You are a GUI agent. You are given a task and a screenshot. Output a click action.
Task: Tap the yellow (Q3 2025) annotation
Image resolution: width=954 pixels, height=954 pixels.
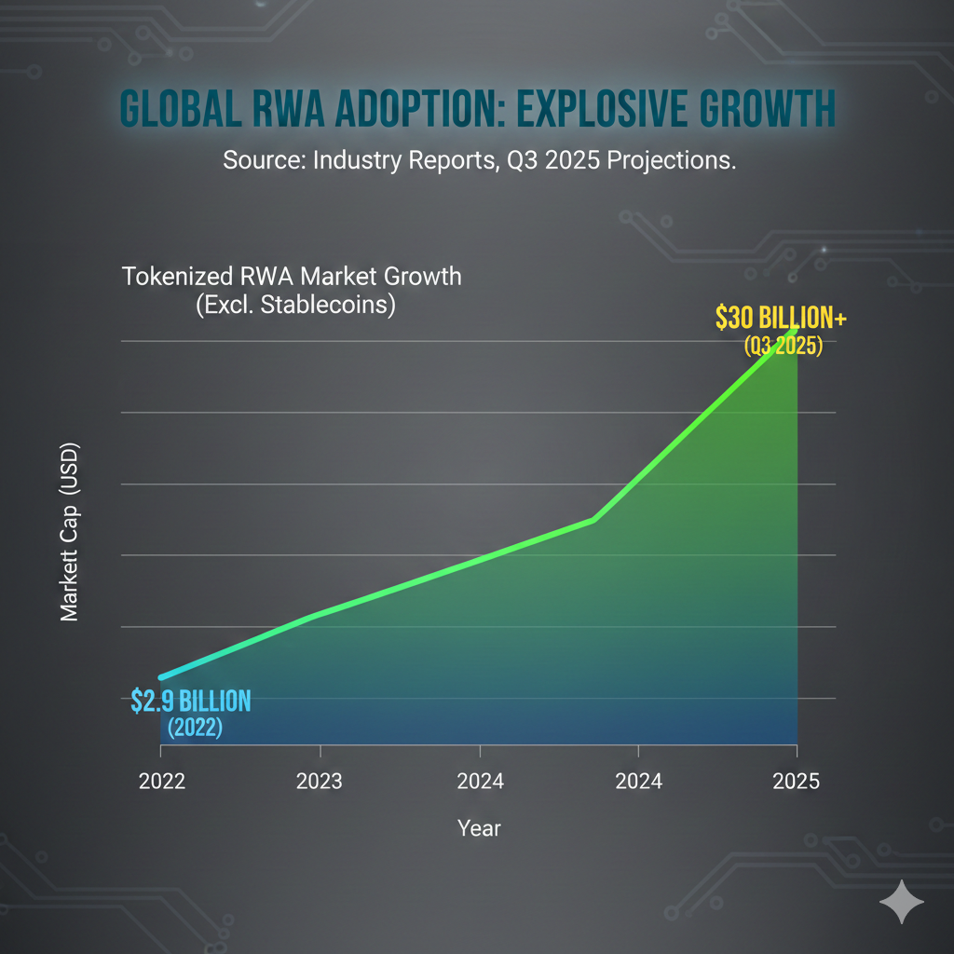tap(783, 347)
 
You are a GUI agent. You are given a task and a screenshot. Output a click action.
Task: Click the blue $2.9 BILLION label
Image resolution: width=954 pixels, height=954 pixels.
tap(191, 701)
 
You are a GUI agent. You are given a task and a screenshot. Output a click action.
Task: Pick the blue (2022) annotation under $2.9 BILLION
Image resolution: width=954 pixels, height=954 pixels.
tap(194, 728)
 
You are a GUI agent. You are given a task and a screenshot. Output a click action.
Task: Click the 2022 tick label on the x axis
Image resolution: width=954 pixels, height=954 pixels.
tap(162, 781)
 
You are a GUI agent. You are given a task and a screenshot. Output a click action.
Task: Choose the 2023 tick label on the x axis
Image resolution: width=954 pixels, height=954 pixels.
tap(320, 781)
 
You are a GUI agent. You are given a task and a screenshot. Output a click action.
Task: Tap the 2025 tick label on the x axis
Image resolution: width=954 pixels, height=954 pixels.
tap(796, 781)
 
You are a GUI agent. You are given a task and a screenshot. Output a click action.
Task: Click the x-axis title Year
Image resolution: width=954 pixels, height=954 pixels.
tap(479, 827)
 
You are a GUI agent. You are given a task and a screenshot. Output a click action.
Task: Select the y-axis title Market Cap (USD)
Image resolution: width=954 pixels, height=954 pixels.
tap(70, 532)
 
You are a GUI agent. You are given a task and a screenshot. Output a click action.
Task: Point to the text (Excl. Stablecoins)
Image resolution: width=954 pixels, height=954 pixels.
tap(295, 306)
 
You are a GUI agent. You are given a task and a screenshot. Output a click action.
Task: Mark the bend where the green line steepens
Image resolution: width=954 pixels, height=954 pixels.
tap(594, 519)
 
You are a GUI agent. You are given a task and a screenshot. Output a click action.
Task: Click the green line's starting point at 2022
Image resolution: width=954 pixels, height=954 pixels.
tap(161, 677)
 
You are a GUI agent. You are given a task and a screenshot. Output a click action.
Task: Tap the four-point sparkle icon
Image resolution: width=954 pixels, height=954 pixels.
tap(902, 901)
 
